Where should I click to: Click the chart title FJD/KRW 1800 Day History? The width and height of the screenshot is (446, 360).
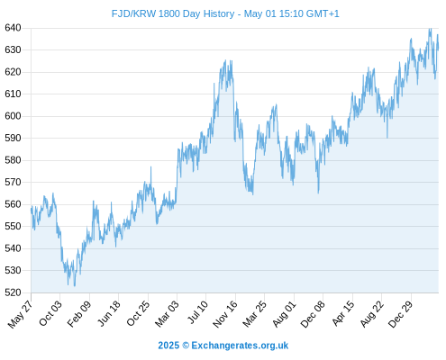(173, 13)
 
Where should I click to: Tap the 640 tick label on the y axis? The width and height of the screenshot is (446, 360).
(13, 28)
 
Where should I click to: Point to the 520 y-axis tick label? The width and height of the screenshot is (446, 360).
(13, 292)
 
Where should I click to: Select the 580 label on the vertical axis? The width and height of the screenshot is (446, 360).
(13, 160)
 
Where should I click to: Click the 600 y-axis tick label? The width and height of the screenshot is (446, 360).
(13, 116)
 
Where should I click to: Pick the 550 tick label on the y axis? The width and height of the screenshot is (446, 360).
(13, 226)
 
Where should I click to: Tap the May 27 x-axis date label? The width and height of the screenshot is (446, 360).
(21, 314)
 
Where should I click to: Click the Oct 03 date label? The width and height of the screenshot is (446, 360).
(50, 313)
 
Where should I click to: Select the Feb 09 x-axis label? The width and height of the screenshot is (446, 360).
(79, 314)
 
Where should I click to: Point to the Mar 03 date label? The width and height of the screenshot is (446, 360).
(167, 313)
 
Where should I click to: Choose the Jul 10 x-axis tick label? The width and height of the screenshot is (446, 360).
(197, 312)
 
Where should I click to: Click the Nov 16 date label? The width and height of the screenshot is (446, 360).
(225, 314)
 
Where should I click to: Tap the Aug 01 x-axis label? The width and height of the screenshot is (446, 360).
(285, 314)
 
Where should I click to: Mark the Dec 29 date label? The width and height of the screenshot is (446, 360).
(401, 314)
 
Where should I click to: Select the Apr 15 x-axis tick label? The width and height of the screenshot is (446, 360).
(343, 313)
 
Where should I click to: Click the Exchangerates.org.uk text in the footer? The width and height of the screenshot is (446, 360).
(240, 346)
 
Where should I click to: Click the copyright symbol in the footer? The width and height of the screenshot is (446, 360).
(186, 346)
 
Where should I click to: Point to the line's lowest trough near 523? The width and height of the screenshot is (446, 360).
(75, 285)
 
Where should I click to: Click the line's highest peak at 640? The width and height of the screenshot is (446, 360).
(430, 29)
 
